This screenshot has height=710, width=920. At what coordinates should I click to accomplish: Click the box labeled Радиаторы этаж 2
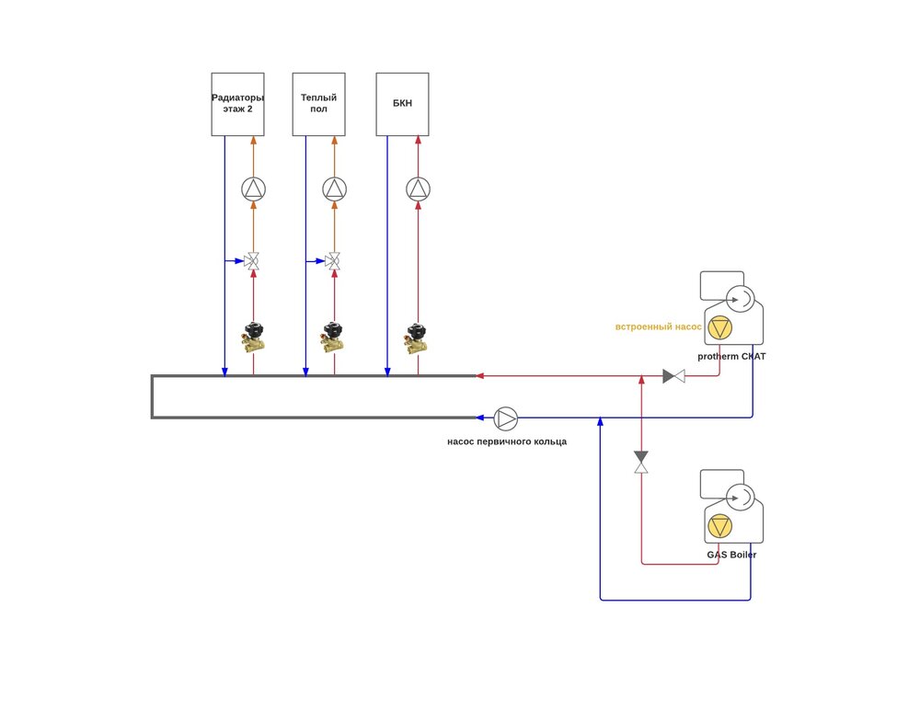(x=237, y=104)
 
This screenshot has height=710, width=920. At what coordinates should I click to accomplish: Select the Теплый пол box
(x=318, y=104)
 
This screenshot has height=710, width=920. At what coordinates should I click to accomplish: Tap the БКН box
(x=402, y=104)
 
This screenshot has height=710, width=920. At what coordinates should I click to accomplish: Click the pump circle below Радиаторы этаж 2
(x=253, y=189)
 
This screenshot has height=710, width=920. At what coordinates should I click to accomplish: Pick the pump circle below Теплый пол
(x=334, y=189)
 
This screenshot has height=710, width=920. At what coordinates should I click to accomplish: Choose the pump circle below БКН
(x=418, y=189)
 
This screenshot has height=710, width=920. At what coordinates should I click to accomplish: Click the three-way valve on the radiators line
(x=253, y=261)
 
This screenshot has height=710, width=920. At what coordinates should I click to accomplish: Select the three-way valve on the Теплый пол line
(x=334, y=261)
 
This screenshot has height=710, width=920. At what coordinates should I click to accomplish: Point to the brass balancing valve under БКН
(x=417, y=337)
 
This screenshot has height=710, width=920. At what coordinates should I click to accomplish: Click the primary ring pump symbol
(x=506, y=418)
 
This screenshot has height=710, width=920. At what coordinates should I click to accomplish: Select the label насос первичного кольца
(x=507, y=441)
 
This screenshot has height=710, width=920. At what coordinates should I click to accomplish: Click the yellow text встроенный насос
(x=658, y=326)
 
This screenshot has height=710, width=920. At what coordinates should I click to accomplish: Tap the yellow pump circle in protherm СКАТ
(x=719, y=327)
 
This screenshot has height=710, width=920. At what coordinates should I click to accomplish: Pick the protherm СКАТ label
(x=731, y=356)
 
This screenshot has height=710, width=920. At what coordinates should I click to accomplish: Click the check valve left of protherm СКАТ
(x=673, y=376)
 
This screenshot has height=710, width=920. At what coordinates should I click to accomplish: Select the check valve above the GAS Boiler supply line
(x=641, y=463)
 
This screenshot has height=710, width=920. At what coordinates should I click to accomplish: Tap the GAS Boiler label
(x=731, y=555)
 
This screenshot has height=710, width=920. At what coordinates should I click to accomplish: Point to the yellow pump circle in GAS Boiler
(x=719, y=527)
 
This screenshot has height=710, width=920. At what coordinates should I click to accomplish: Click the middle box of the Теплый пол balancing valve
(x=333, y=337)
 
